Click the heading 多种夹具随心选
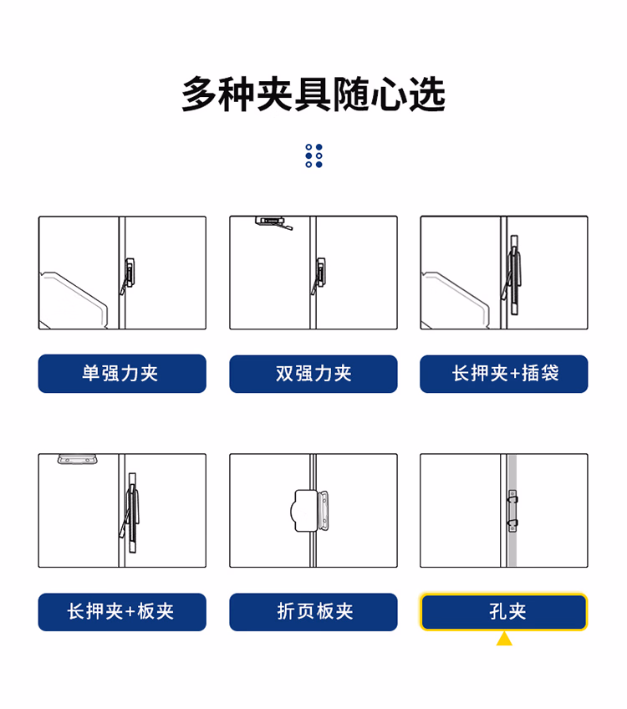click(313, 94)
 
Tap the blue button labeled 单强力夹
click(122, 374)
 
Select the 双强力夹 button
click(313, 374)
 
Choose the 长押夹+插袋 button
click(504, 374)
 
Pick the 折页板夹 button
click(313, 612)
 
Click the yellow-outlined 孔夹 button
click(504, 612)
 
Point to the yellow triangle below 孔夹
click(504, 640)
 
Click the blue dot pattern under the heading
click(313, 156)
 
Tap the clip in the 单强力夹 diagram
click(127, 276)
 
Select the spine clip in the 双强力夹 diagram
click(319, 276)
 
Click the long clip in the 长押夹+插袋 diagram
click(512, 275)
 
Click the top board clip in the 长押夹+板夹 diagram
click(77, 459)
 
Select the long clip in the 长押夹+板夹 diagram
click(130, 513)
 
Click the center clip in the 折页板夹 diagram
click(309, 511)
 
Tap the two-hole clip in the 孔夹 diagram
click(512, 511)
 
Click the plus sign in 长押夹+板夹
click(130, 612)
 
